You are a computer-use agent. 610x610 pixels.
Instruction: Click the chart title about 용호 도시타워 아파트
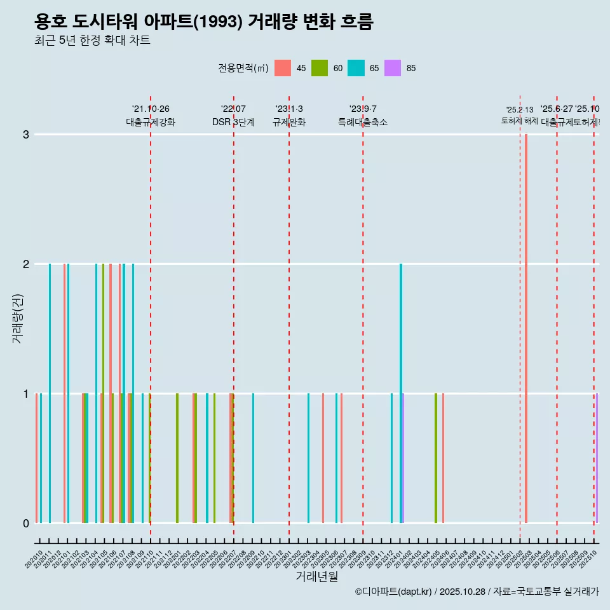coord(204,22)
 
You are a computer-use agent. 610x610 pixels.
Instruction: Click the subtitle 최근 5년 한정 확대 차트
coord(92,41)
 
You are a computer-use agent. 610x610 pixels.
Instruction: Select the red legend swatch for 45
coord(283,68)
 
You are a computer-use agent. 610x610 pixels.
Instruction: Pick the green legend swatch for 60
coord(320,68)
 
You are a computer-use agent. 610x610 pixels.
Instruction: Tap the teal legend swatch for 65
coord(356,68)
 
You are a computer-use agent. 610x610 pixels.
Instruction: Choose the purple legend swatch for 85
coord(393,68)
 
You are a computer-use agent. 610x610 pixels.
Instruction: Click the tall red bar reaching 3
coord(526,328)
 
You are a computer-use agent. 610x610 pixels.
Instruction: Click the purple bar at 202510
coord(597,457)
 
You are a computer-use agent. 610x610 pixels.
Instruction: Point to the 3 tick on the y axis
coord(26,135)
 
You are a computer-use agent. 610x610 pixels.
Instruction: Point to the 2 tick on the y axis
coord(26,264)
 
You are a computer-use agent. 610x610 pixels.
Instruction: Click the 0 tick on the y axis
coord(26,524)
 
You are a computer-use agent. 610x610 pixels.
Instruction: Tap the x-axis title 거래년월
coord(316,577)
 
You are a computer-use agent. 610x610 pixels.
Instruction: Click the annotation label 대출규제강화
coord(151,122)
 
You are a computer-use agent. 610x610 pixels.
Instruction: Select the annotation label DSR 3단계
coord(233,122)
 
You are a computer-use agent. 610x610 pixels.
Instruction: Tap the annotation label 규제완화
coord(289,122)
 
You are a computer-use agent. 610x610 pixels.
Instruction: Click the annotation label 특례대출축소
coord(362,122)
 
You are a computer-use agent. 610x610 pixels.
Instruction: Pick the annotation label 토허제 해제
coord(520,121)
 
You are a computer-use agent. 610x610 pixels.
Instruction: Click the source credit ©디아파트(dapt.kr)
coord(393,592)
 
